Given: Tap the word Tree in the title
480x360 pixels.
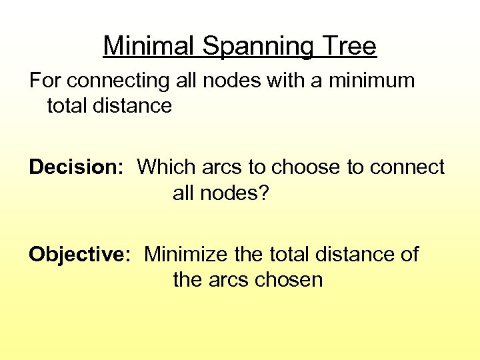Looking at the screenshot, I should (351, 47).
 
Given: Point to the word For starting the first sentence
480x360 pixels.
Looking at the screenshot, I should (45, 81).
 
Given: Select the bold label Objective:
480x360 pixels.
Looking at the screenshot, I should (79, 254).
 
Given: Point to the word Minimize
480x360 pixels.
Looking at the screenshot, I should (187, 254).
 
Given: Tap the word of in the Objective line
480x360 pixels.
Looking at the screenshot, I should (409, 254).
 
